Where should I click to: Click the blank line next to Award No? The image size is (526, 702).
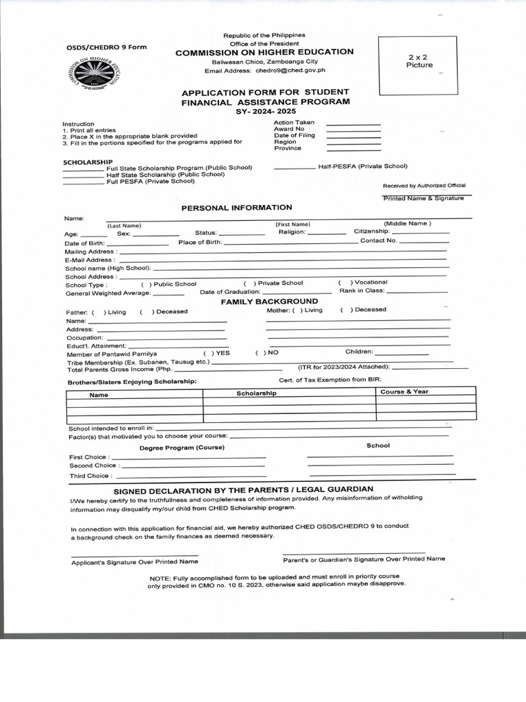click(353, 130)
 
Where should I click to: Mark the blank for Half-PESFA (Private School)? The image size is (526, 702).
click(295, 168)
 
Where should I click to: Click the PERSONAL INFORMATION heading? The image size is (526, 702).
click(236, 207)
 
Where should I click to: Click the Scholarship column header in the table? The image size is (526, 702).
click(256, 394)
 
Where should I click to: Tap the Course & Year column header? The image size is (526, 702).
click(404, 391)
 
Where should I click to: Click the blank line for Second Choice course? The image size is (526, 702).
click(192, 466)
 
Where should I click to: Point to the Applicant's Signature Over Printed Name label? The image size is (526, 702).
click(135, 562)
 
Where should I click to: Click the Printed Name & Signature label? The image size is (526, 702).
click(423, 198)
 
